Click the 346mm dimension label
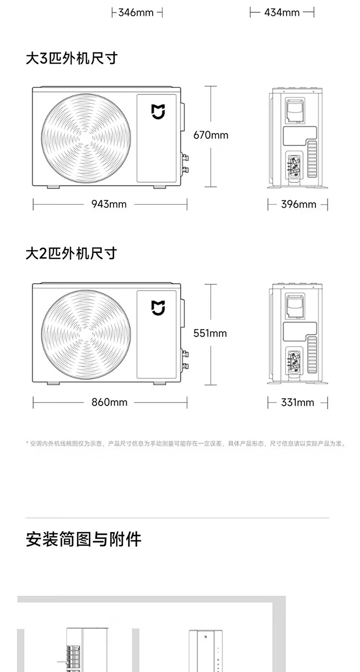[x=136, y=12]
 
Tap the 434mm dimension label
[x=282, y=12]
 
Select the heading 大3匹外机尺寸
[x=72, y=58]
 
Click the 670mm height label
[x=211, y=135]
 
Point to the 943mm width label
[x=109, y=204]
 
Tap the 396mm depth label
[x=299, y=204]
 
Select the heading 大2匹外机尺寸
[x=72, y=254]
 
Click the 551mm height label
[x=210, y=333]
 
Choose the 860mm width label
[x=109, y=403]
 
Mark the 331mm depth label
[x=297, y=403]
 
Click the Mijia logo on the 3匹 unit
[x=158, y=111]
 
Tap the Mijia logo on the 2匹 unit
[x=158, y=308]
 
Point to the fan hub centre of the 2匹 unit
[x=86, y=334]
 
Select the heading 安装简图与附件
[x=84, y=539]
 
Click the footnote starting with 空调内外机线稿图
[x=186, y=443]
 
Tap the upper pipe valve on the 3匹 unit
[x=185, y=158]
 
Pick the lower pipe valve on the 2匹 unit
[x=185, y=366]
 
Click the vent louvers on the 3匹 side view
[x=312, y=159]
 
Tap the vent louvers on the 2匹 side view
[x=312, y=355]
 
